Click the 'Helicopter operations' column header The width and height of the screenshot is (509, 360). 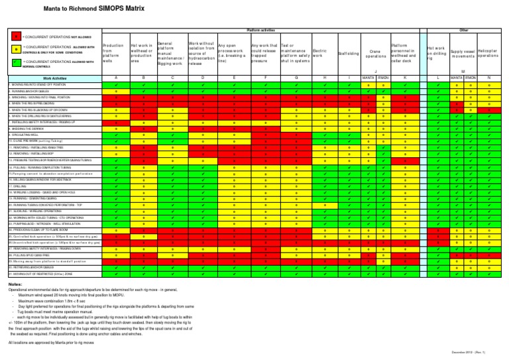pyautogui.click(x=489, y=54)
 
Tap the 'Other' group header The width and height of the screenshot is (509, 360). pyautogui.click(x=464, y=30)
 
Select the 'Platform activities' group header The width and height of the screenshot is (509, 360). pyautogui.click(x=264, y=30)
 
